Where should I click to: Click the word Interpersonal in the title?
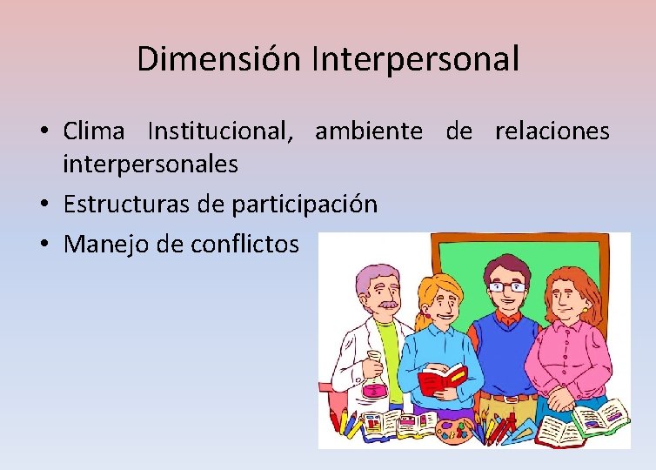pyautogui.click(x=414, y=59)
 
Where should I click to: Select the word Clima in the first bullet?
pyautogui.click(x=95, y=131)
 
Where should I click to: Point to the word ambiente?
pyautogui.click(x=369, y=131)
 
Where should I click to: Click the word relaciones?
pyautogui.click(x=552, y=131)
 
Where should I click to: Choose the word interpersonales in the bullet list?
pyautogui.click(x=151, y=164)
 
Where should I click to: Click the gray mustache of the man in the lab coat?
pyautogui.click(x=386, y=306)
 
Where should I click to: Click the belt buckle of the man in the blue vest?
pyautogui.click(x=507, y=398)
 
